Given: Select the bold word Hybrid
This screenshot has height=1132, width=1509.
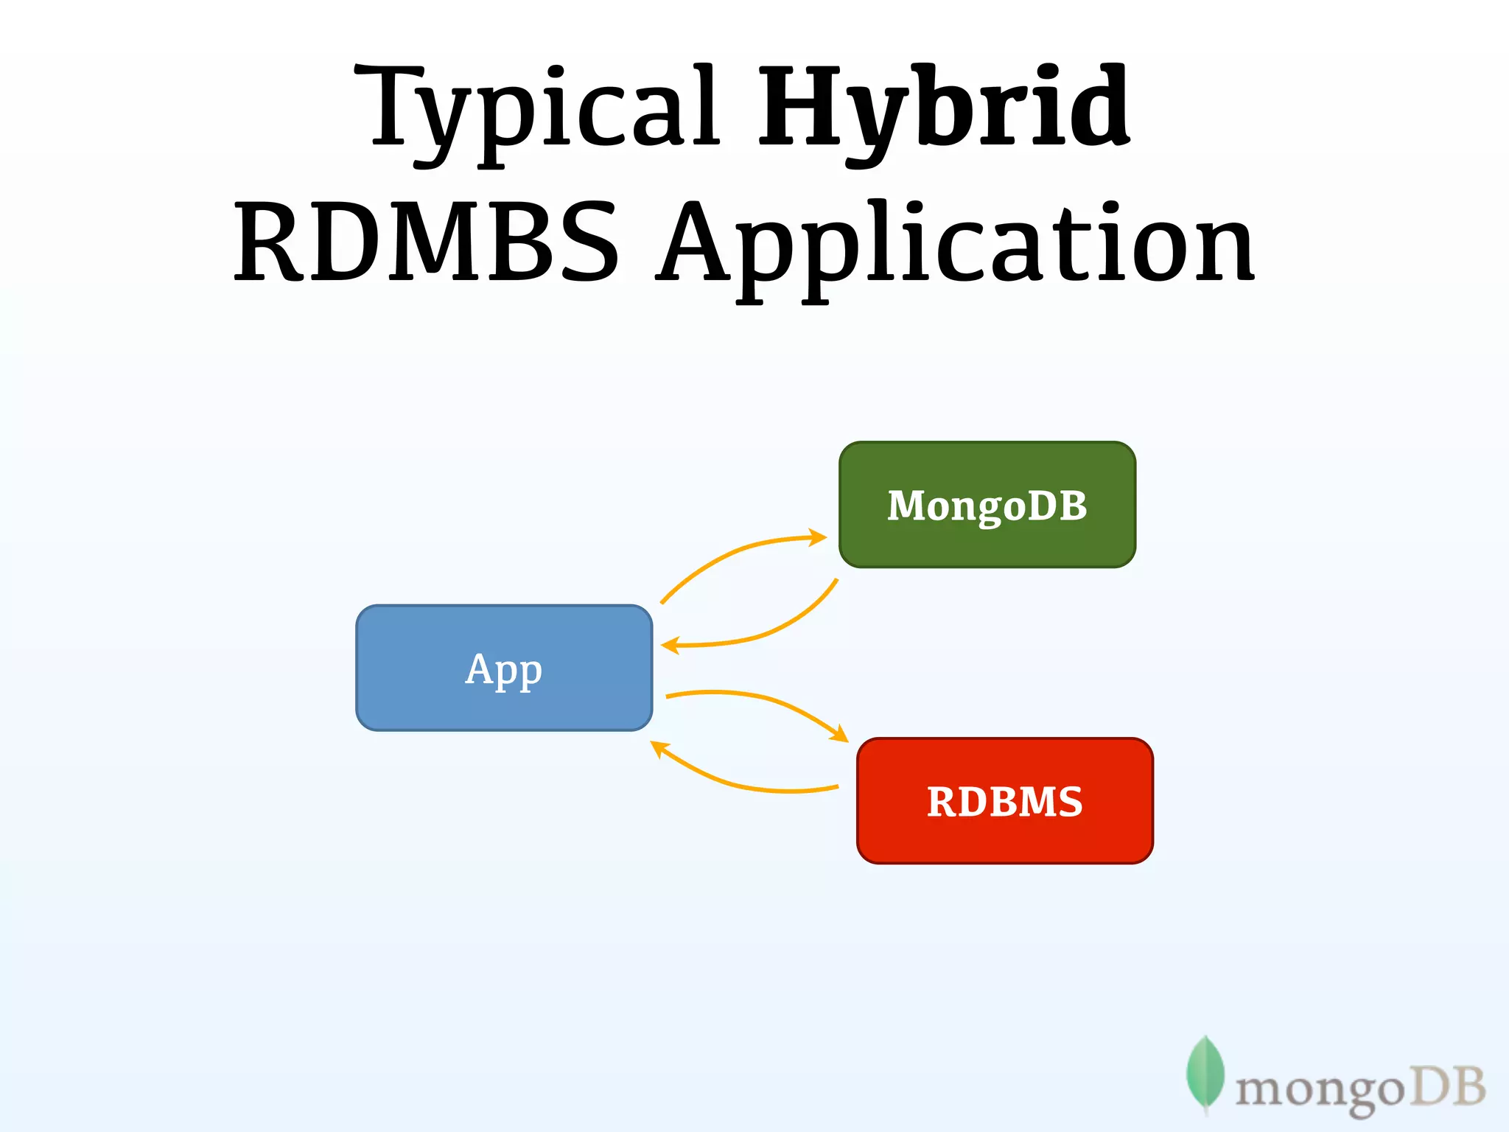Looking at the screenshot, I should coord(943,111).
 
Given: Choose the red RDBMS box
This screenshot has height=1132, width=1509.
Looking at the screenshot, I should coord(1005,840).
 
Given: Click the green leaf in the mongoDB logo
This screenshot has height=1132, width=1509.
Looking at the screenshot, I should coord(1205,1073).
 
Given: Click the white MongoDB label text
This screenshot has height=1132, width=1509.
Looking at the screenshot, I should coord(987,506).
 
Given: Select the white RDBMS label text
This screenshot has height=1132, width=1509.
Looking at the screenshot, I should coord(1005,802).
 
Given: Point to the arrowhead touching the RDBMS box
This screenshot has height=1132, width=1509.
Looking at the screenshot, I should coord(840,734).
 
